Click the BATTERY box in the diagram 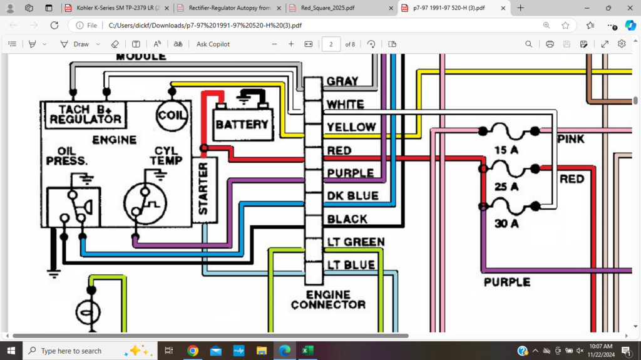tap(242, 124)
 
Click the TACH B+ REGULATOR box tap(85, 114)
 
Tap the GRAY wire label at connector tap(342, 81)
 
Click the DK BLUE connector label tap(352, 196)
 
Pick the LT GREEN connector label tap(355, 242)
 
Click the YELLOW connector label tap(351, 128)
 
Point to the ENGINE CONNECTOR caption tap(328, 299)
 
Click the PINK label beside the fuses tap(571, 139)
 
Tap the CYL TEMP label tap(166, 157)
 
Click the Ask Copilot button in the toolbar tap(213, 44)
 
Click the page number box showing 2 tap(331, 44)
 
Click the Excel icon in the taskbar tap(307, 351)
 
